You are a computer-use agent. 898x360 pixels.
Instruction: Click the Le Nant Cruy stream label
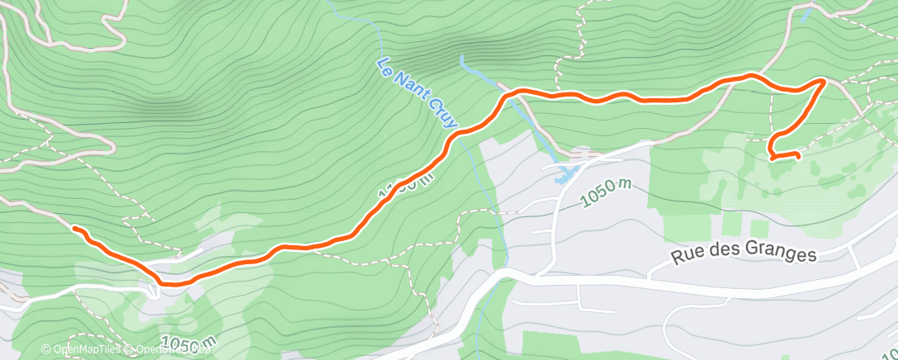tap(416, 92)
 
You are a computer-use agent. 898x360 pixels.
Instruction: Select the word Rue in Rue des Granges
tap(687, 258)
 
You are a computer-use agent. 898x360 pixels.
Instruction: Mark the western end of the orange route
tap(74, 227)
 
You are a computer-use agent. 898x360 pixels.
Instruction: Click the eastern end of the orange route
tap(799, 155)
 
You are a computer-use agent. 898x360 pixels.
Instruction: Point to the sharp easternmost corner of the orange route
tap(824, 81)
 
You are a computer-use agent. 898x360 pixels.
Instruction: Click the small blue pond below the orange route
tap(564, 175)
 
